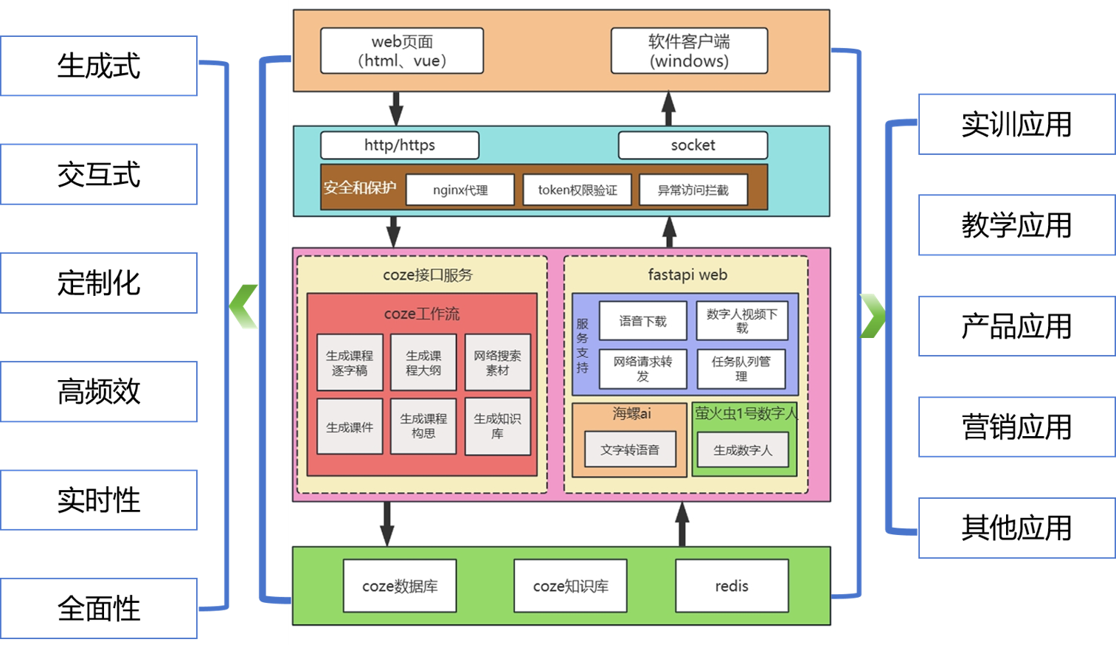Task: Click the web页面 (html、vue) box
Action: click(x=402, y=51)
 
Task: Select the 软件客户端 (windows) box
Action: click(x=689, y=51)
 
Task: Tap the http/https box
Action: click(x=400, y=145)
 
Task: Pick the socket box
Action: click(x=693, y=145)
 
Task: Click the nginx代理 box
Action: click(x=460, y=190)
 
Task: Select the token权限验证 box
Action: click(x=578, y=190)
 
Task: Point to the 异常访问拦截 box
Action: click(x=693, y=190)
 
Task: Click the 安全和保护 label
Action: click(x=360, y=188)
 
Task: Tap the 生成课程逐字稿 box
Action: click(x=350, y=362)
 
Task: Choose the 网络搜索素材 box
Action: click(x=497, y=362)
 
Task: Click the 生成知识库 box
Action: click(x=497, y=426)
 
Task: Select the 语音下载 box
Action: click(x=642, y=321)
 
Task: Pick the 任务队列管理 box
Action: click(x=741, y=368)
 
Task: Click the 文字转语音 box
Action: click(x=630, y=449)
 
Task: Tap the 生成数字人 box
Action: click(x=743, y=449)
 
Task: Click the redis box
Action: click(x=732, y=586)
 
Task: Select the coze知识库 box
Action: click(x=570, y=586)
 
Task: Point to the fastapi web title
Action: click(x=687, y=275)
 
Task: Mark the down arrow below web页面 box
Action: click(x=396, y=108)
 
